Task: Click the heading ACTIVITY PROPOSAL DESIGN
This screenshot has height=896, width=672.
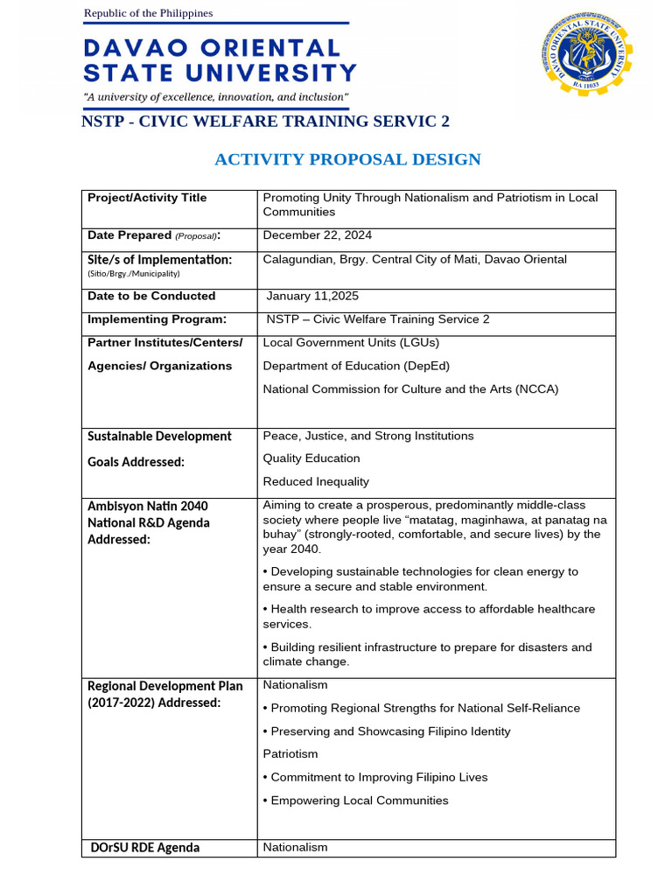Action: click(x=347, y=159)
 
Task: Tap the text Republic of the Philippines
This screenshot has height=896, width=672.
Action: click(x=148, y=13)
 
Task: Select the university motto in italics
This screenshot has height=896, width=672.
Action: click(x=215, y=96)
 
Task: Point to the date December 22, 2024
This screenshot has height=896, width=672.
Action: click(x=318, y=234)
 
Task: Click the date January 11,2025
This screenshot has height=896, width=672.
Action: click(x=312, y=296)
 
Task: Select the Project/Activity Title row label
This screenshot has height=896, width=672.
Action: click(x=147, y=198)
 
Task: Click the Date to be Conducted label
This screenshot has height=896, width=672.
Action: click(x=151, y=296)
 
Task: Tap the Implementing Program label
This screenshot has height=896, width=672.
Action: click(x=157, y=319)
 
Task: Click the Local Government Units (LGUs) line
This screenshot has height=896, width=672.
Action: click(x=351, y=342)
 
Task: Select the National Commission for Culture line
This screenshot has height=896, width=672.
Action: click(x=410, y=388)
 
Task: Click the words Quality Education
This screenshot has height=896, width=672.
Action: click(x=311, y=458)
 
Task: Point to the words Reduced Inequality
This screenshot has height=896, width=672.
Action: click(x=316, y=481)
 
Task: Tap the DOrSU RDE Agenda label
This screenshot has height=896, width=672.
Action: click(x=145, y=847)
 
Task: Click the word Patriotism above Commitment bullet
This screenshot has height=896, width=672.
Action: click(x=290, y=753)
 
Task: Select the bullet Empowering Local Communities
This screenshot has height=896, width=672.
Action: click(x=355, y=800)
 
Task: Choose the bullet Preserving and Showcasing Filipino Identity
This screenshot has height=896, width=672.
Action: click(x=387, y=731)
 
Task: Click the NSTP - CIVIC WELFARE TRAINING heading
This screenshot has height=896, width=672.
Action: click(x=265, y=122)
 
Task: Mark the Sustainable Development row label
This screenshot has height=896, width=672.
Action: click(x=159, y=436)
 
